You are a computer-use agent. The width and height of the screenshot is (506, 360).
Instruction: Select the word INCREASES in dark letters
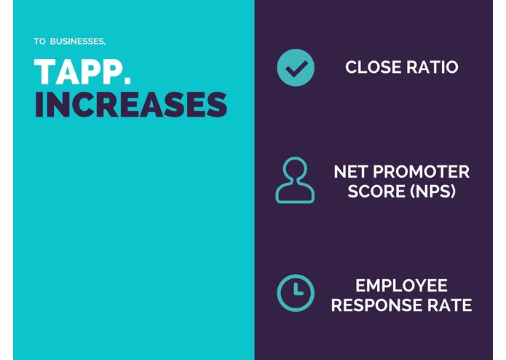(131, 105)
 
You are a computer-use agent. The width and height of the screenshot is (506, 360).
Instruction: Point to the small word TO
(39, 41)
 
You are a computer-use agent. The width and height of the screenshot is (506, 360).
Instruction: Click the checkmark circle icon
(296, 68)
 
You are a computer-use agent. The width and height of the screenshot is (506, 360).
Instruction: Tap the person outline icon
(295, 180)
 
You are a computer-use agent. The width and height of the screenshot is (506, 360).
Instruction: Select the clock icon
(296, 293)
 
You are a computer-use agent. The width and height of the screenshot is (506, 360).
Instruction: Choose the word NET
(349, 173)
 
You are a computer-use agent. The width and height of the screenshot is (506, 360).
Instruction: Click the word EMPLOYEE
(402, 285)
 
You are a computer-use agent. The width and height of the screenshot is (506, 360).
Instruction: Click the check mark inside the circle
(296, 69)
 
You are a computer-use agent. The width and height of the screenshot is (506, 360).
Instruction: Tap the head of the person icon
(295, 170)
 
